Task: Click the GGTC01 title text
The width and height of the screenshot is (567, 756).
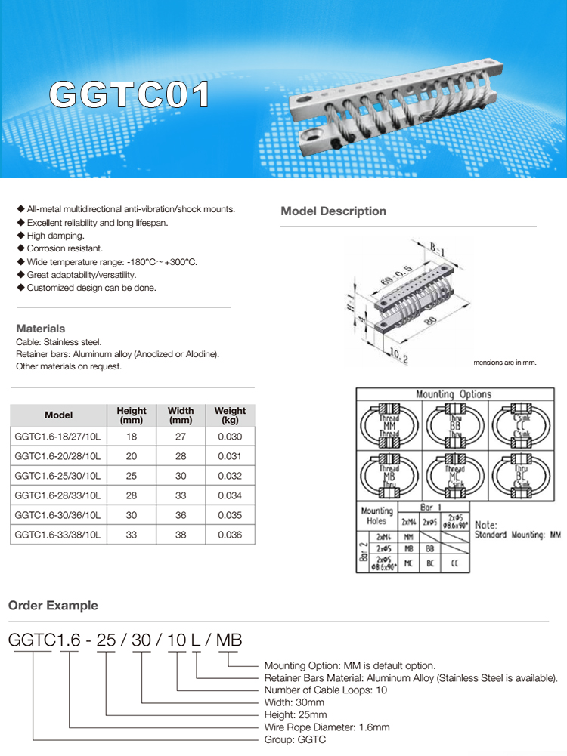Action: [x=129, y=95]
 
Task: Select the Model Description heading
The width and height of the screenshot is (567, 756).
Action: [x=333, y=211]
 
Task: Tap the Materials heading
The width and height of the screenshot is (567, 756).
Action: [x=41, y=329]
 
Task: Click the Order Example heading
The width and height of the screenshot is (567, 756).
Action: [x=53, y=606]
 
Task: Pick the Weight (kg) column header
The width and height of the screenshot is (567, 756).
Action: [x=230, y=415]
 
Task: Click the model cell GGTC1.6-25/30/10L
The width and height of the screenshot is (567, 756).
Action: [x=59, y=476]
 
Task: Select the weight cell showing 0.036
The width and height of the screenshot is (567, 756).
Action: [x=230, y=535]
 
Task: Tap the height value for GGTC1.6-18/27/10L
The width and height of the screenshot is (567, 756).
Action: [x=132, y=437]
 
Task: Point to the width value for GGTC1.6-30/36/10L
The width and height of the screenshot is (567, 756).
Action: [x=181, y=515]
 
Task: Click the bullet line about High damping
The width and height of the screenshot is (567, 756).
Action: [x=55, y=236]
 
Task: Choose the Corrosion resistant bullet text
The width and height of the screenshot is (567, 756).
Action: [x=64, y=248]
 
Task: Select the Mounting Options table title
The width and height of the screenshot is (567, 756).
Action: [x=453, y=394]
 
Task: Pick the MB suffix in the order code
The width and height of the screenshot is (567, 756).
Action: [x=229, y=640]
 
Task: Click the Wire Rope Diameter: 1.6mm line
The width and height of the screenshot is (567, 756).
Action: [x=327, y=727]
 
